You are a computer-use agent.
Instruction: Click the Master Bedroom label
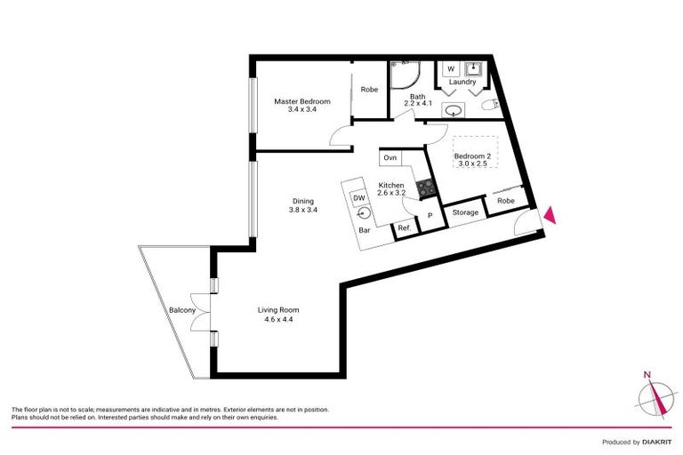[301, 102]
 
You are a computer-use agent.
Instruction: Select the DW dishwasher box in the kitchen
[359, 197]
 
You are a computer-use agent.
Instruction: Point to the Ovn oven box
[390, 157]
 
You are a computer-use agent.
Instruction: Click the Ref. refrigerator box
[404, 228]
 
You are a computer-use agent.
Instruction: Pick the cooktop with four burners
[425, 188]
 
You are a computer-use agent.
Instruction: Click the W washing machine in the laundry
[451, 68]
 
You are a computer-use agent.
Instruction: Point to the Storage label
[465, 212]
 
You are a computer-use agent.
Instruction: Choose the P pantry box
[430, 216]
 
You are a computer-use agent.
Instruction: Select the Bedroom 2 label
[472, 156]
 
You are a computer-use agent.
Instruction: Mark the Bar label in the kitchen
[364, 231]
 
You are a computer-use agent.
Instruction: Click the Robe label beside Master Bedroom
[369, 89]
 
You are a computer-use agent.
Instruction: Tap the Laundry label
[462, 83]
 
